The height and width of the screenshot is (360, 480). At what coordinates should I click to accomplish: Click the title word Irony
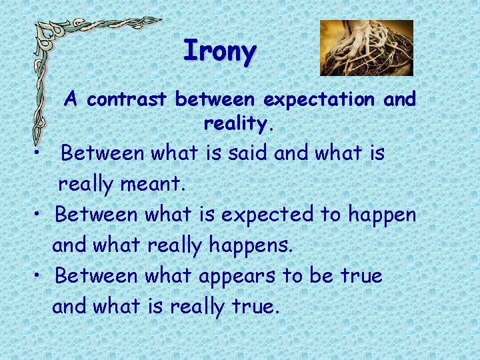click(x=219, y=51)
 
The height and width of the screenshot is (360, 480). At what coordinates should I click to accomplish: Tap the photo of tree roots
click(x=366, y=47)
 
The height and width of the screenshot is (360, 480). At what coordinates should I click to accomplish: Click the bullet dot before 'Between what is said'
click(x=41, y=154)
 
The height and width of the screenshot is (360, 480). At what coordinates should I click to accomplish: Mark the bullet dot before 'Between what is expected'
click(x=41, y=215)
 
